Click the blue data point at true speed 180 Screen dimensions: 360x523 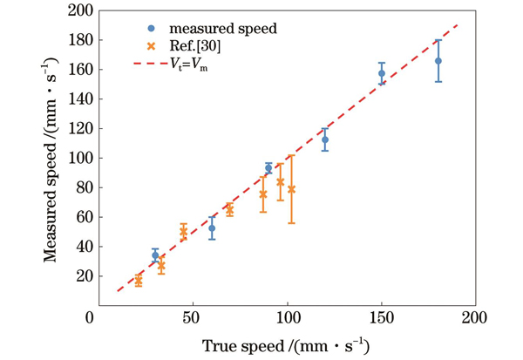click(x=438, y=61)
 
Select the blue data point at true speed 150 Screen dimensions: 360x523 click(x=382, y=73)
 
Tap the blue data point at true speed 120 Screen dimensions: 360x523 click(x=325, y=139)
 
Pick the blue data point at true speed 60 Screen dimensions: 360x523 click(x=212, y=228)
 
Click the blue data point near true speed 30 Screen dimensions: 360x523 click(x=155, y=255)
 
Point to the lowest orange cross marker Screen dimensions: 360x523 click(x=138, y=280)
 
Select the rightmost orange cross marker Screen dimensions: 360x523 click(x=291, y=189)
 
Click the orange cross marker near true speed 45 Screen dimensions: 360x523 click(x=183, y=232)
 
